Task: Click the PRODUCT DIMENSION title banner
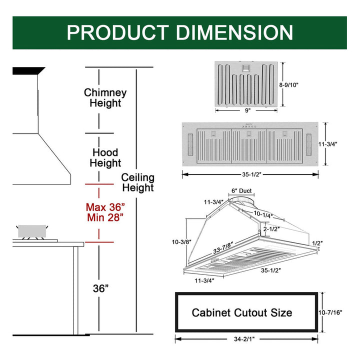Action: coord(179,32)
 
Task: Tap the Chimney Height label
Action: coord(105,98)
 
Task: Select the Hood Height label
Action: coord(105,157)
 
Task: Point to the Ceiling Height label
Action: coord(138,183)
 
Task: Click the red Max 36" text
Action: coord(105,206)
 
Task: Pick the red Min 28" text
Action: coord(105,217)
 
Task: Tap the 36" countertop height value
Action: coord(101,288)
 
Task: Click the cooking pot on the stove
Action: coord(32,231)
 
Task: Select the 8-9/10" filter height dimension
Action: coord(288,85)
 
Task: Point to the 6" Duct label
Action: coord(241,191)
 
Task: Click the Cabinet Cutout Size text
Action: coord(242,313)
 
